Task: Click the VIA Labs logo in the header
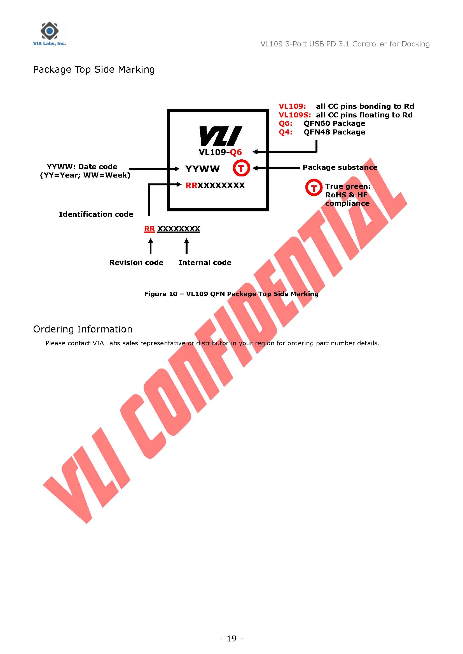[49, 34]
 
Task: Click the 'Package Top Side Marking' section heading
[94, 70]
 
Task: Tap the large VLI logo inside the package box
[220, 136]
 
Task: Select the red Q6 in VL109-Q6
[236, 152]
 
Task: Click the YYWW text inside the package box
[202, 169]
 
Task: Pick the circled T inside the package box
[241, 168]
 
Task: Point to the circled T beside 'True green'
[314, 187]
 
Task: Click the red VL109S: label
[295, 115]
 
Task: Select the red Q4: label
[285, 132]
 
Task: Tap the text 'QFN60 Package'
[334, 124]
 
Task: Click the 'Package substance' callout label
[340, 167]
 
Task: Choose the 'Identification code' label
[96, 214]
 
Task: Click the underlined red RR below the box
[149, 229]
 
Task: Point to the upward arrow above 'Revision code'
[151, 246]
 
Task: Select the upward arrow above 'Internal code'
[186, 246]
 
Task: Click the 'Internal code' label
[205, 263]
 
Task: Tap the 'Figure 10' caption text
[231, 294]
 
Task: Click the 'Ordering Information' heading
[83, 329]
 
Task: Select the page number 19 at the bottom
[231, 639]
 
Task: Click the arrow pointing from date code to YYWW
[154, 169]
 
